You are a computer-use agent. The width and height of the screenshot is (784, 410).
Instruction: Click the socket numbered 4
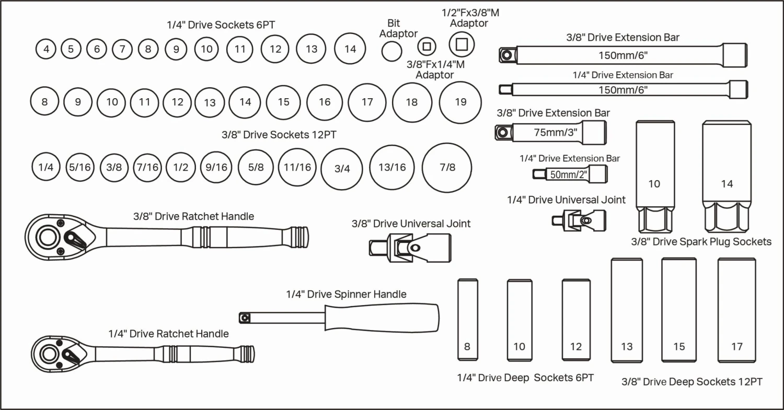point(47,49)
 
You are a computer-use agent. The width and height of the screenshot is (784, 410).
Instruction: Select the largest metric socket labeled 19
point(460,102)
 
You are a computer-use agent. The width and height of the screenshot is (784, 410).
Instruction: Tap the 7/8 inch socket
point(447,168)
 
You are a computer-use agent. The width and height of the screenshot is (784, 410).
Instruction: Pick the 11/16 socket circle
point(297,168)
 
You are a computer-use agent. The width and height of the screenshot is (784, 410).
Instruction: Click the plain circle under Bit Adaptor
point(392,51)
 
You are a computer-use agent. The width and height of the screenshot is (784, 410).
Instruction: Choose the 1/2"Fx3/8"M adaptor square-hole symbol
point(461,44)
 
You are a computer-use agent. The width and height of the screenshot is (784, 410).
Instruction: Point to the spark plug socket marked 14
point(727,178)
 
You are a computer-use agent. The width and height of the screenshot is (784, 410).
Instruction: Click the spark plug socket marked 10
point(654,178)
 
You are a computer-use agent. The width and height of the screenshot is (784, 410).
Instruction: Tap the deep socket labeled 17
point(736,310)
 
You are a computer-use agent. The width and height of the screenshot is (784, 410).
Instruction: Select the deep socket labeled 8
point(467,320)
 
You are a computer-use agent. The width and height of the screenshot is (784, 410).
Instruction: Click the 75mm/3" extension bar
point(551,132)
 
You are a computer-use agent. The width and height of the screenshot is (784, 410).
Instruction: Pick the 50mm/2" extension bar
point(570,174)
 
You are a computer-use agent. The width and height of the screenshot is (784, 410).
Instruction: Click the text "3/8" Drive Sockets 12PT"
point(279,135)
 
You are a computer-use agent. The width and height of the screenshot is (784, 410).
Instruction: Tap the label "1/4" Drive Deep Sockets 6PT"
point(525,378)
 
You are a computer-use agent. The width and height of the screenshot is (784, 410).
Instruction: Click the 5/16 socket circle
point(79,168)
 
